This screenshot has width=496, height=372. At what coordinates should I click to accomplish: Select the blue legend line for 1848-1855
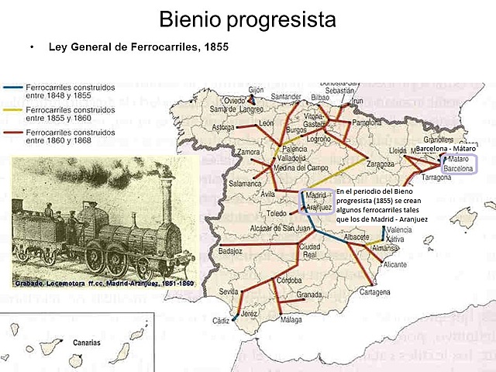click(x=13, y=89)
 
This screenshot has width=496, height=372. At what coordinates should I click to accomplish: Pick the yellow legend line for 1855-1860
click(x=13, y=111)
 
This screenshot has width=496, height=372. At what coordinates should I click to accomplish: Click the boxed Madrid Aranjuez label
click(x=318, y=201)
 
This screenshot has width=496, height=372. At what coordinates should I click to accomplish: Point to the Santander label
click(x=286, y=97)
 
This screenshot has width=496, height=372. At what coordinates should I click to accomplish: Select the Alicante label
click(x=394, y=264)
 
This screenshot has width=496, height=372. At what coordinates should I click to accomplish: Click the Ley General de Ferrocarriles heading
click(x=139, y=47)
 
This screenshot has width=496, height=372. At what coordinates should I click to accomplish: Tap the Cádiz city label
click(x=222, y=320)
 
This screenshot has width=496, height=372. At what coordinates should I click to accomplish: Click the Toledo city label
click(x=277, y=212)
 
